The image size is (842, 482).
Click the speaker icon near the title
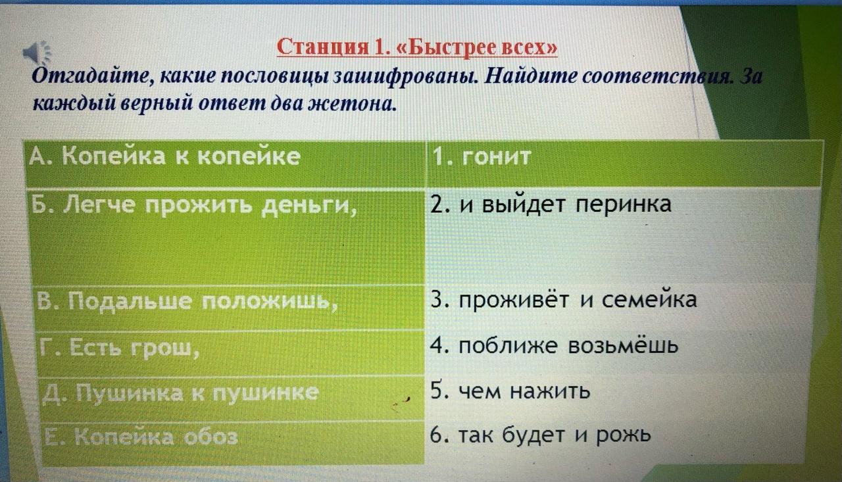coord(37,53)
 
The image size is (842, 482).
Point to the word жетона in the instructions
coord(352,103)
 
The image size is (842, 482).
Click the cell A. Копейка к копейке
coord(225,164)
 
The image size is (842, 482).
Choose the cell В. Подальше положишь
coord(230,308)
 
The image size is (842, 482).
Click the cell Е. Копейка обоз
coord(233,443)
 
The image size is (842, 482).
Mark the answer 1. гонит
coord(481,157)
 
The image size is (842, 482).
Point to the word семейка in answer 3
coord(649,301)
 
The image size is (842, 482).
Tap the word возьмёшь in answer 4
coord(623,346)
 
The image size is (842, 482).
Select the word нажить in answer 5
coord(550,391)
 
